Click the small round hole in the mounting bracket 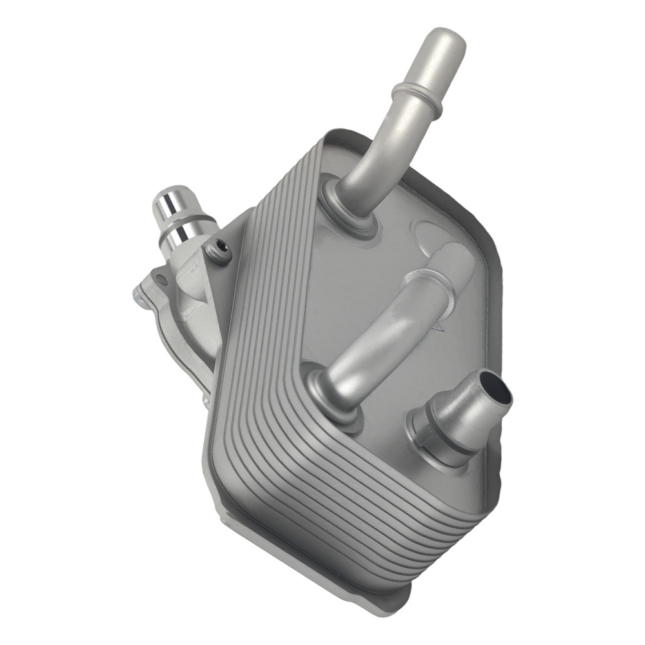[163, 280]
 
